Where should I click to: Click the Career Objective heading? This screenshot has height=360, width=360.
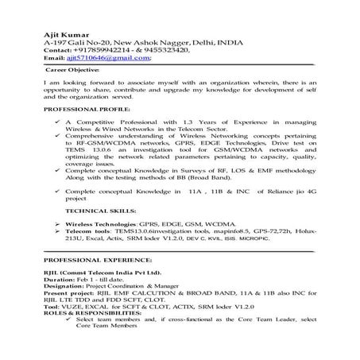[71, 70]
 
